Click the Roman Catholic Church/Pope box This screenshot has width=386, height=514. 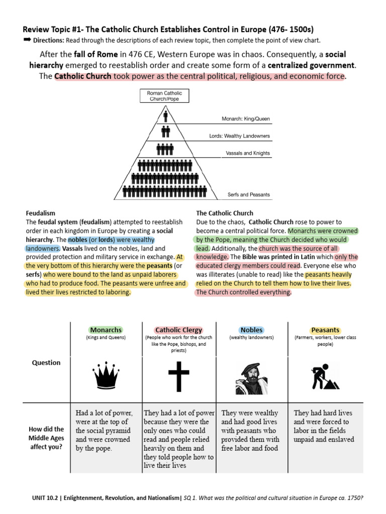tap(165, 96)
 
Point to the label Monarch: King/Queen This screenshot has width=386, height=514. tap(246, 119)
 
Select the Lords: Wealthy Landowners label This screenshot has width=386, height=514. tap(239, 136)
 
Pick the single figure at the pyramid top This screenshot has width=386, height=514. tap(165, 116)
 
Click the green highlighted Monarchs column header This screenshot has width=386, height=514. tap(106, 330)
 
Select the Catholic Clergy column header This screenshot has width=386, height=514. tap(178, 330)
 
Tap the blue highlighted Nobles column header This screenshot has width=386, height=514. tap(251, 330)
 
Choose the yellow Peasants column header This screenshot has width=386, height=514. tap(325, 330)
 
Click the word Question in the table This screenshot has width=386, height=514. tap(46, 362)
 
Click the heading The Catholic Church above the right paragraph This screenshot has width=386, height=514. tap(225, 213)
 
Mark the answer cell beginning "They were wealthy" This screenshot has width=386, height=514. tap(250, 430)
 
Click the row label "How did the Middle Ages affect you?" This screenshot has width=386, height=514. tap(46, 438)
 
